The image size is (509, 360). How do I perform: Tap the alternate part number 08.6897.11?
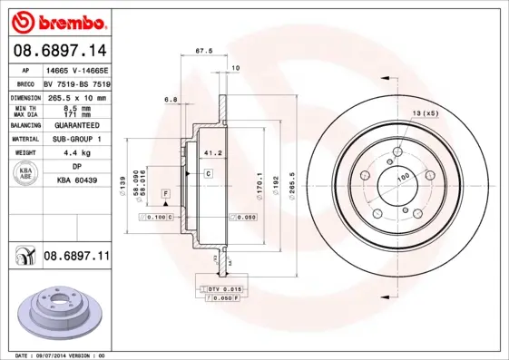[76, 257]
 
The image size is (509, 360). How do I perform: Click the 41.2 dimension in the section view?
[213, 152]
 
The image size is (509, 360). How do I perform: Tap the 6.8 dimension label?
[170, 98]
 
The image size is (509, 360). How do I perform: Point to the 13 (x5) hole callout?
[425, 112]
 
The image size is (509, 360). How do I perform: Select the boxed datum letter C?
[208, 172]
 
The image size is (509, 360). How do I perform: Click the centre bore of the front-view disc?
[396, 178]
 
